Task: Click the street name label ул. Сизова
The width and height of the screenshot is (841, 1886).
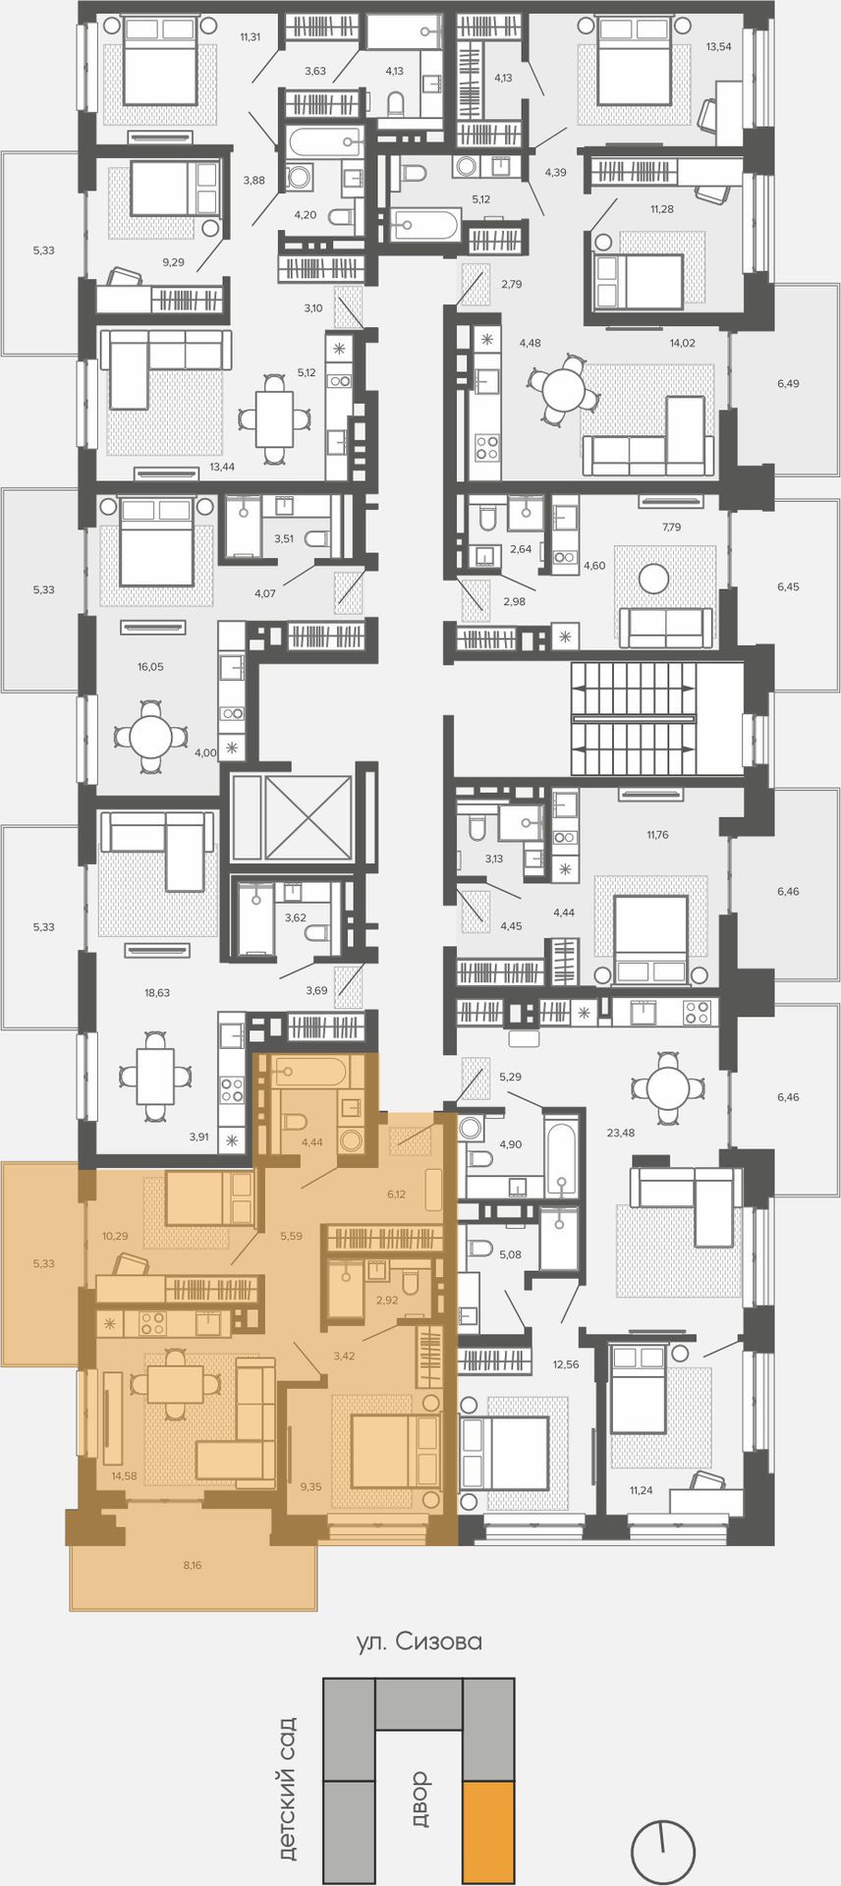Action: click(420, 1641)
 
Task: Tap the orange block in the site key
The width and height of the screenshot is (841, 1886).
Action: click(488, 1834)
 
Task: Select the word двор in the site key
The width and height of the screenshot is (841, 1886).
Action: click(420, 1799)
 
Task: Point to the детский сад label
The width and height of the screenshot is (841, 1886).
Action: click(287, 1789)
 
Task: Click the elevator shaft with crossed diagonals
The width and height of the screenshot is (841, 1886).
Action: click(304, 817)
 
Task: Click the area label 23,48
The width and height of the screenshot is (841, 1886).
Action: click(621, 1133)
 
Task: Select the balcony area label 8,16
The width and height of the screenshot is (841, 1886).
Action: click(193, 1565)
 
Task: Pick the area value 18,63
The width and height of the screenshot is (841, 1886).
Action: click(157, 993)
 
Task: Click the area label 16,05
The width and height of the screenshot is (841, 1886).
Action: click(150, 667)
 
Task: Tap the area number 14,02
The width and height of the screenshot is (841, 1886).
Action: click(681, 343)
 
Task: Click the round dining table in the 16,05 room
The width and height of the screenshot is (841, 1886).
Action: click(150, 737)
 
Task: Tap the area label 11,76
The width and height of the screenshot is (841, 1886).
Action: click(657, 835)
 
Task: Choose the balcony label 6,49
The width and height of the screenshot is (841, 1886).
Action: click(788, 384)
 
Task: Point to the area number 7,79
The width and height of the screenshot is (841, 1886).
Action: click(672, 527)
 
